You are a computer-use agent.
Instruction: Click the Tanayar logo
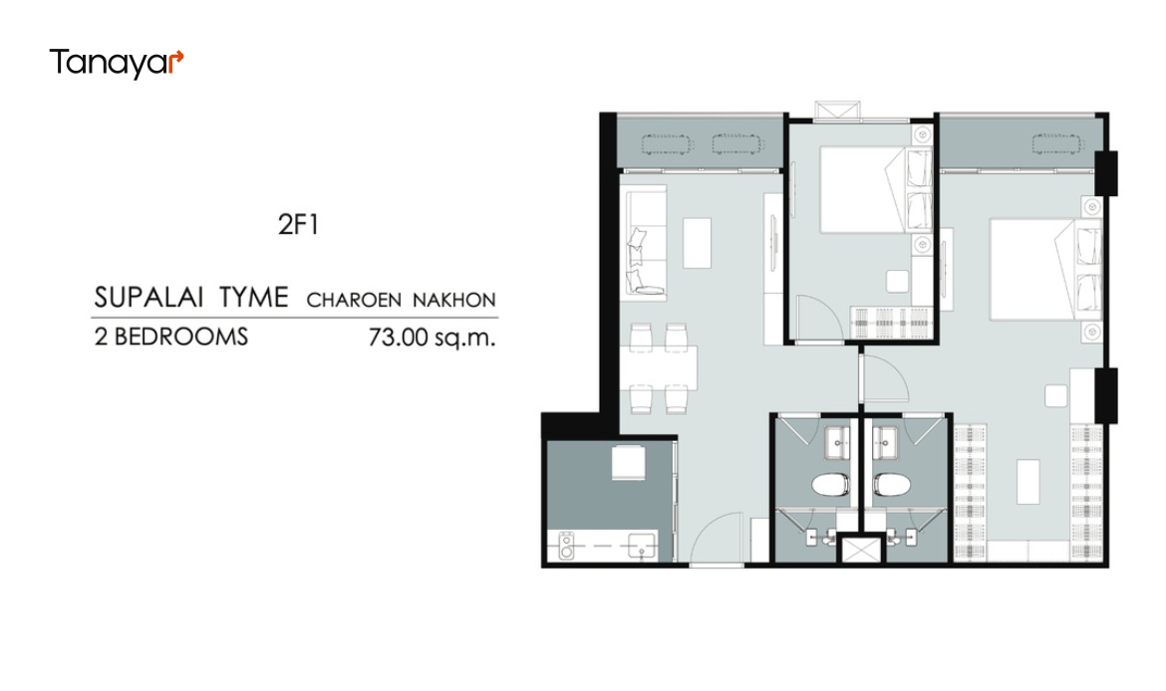pyautogui.click(x=116, y=63)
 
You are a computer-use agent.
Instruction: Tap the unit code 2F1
pyautogui.click(x=298, y=224)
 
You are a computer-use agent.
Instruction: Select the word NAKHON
pyautogui.click(x=454, y=300)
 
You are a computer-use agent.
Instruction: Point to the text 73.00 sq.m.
pyautogui.click(x=432, y=338)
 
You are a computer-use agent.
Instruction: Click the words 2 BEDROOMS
pyautogui.click(x=171, y=337)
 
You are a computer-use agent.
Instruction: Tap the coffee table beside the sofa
pyautogui.click(x=697, y=242)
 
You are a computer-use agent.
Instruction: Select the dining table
pyautogui.click(x=659, y=367)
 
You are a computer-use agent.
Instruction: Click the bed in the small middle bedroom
pyautogui.click(x=875, y=189)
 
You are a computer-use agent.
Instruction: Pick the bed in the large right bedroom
pyautogui.click(x=1044, y=269)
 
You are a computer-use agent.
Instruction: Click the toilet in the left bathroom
pyautogui.click(x=830, y=485)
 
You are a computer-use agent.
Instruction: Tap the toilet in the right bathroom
pyautogui.click(x=892, y=485)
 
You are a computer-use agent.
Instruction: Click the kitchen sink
pyautogui.click(x=642, y=546)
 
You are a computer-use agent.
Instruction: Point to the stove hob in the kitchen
pyautogui.click(x=567, y=546)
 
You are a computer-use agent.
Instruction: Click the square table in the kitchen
pyautogui.click(x=629, y=462)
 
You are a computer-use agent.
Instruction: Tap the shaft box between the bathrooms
pyautogui.click(x=860, y=549)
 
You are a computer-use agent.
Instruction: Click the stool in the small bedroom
pyautogui.click(x=897, y=281)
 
